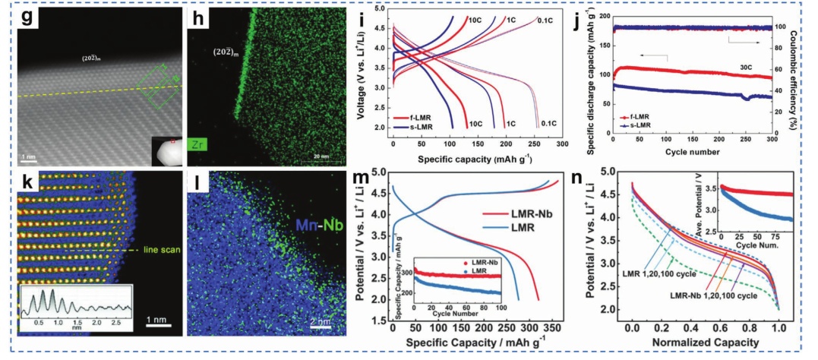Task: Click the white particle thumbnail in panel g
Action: [x=162, y=150]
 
